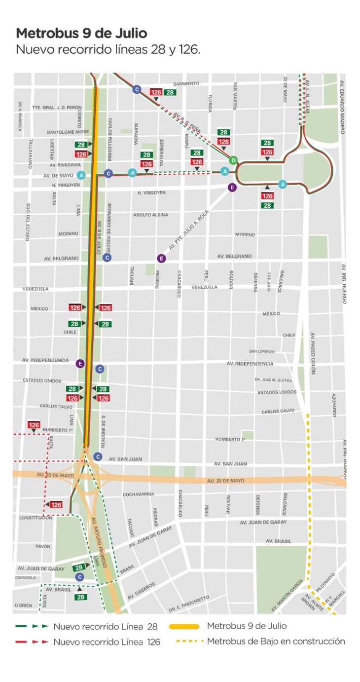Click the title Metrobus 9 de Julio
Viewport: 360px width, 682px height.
click(81, 34)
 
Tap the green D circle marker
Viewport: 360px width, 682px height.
click(233, 160)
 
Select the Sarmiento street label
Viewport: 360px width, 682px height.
click(186, 84)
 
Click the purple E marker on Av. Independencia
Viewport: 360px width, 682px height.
click(80, 364)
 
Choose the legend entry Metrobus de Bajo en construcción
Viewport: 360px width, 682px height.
click(276, 642)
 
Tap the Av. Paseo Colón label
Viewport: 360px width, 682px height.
click(313, 353)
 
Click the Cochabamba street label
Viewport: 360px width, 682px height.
click(138, 494)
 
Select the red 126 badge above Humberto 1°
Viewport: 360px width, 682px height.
click(34, 425)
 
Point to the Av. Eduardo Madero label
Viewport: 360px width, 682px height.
click(343, 113)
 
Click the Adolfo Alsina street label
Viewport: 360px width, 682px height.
click(150, 215)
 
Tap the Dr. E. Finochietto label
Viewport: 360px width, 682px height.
click(188, 600)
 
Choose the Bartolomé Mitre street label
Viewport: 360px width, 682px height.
click(68, 132)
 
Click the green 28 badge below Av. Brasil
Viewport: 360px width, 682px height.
click(80, 597)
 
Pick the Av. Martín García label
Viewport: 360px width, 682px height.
click(288, 596)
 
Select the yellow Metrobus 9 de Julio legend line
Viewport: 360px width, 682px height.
click(184, 627)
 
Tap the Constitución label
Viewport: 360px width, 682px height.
click(36, 518)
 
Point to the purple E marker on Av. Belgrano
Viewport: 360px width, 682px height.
click(161, 258)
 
